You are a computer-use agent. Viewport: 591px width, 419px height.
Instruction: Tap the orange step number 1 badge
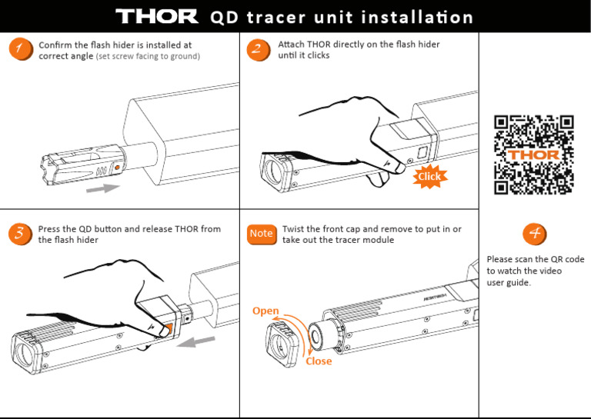pyautogui.click(x=18, y=50)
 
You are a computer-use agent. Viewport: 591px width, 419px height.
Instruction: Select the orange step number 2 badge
pyautogui.click(x=258, y=50)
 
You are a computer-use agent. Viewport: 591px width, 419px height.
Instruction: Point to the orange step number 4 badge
pyautogui.click(x=534, y=234)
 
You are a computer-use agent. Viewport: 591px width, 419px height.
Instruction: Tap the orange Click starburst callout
pyautogui.click(x=429, y=177)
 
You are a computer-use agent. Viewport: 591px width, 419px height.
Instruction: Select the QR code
pyautogui.click(x=534, y=155)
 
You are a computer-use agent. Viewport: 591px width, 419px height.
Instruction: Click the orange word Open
pyautogui.click(x=265, y=311)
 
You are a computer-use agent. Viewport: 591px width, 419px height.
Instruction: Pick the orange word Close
pyautogui.click(x=319, y=361)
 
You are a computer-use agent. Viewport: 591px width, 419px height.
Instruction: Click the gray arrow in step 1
pyautogui.click(x=104, y=187)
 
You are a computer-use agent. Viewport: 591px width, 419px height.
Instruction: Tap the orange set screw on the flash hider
pyautogui.click(x=116, y=166)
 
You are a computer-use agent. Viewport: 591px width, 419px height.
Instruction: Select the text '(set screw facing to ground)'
pyautogui.click(x=148, y=57)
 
